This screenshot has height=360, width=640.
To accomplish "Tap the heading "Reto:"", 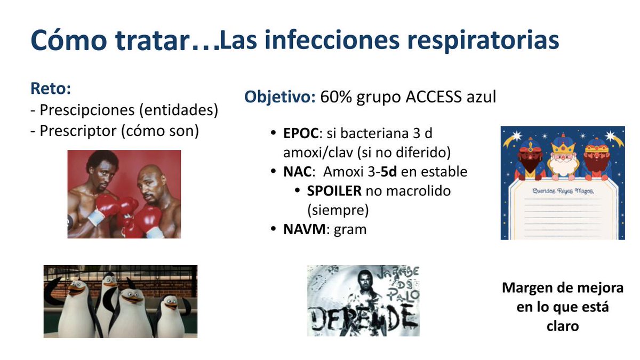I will [51, 89].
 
